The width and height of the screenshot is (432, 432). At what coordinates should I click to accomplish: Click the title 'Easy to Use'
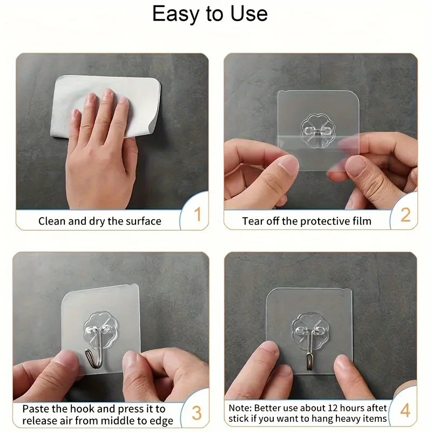[210, 14]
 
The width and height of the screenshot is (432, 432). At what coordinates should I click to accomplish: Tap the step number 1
[197, 214]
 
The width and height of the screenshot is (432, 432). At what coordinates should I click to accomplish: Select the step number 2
[405, 214]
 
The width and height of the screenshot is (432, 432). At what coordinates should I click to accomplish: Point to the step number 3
[197, 414]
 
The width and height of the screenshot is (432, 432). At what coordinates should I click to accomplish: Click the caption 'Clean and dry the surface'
[99, 221]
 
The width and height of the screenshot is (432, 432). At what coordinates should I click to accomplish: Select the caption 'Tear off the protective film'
[306, 221]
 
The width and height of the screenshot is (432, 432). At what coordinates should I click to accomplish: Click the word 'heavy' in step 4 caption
[347, 419]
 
